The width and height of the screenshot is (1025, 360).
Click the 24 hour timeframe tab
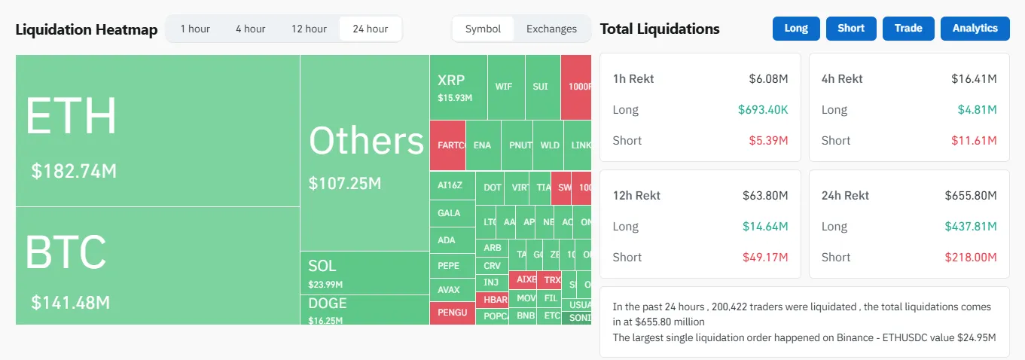371,29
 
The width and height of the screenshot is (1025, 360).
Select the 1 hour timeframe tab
195,29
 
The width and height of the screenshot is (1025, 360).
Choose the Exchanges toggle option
551,29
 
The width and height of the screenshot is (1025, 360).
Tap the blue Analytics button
975,28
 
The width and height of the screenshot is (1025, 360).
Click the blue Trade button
908,28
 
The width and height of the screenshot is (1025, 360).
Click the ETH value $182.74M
74,171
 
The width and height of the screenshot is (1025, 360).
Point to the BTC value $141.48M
71,303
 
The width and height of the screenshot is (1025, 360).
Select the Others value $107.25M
345,183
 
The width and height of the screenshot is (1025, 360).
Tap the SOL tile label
322,266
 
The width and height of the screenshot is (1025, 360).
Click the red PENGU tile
452,313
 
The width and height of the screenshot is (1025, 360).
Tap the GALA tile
449,213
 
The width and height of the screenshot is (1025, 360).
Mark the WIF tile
504,87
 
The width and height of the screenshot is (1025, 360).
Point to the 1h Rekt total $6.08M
768,78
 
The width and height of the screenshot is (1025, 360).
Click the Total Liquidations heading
660,29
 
